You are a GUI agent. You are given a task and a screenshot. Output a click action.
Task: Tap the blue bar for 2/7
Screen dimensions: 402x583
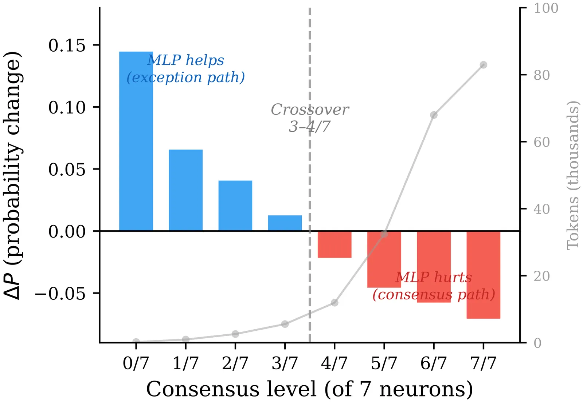(x=235, y=206)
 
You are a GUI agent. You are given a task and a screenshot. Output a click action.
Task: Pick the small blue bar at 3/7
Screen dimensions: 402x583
(x=285, y=223)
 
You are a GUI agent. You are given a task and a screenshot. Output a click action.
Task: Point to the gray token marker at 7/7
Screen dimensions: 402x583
(x=484, y=65)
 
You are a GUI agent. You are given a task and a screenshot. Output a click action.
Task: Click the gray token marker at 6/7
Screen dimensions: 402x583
(x=434, y=115)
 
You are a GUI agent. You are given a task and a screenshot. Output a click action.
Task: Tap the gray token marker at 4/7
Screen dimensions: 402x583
(x=334, y=303)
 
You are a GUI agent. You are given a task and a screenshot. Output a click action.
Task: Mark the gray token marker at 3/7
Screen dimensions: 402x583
(x=285, y=324)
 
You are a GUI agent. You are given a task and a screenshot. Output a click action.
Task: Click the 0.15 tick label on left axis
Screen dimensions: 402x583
(x=67, y=45)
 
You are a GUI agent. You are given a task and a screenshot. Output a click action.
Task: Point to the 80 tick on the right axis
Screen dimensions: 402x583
(x=541, y=75)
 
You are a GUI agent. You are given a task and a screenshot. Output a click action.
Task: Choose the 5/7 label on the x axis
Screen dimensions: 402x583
(x=384, y=363)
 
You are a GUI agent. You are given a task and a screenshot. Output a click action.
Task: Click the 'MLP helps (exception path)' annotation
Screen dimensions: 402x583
(x=185, y=69)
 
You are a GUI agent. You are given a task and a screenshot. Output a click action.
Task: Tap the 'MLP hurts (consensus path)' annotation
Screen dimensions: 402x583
(x=434, y=286)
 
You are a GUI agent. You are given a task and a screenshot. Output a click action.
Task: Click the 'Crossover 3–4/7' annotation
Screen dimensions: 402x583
(x=310, y=118)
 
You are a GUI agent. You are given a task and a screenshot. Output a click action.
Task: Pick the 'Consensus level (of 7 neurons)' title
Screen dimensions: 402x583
(x=309, y=389)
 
